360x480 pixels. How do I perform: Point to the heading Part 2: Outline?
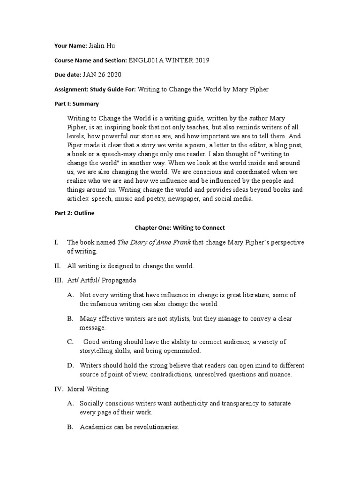tap(75, 213)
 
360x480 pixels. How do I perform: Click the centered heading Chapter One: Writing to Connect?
tap(180, 228)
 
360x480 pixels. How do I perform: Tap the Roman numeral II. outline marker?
tap(57, 266)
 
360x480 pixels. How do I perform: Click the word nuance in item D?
tap(281, 374)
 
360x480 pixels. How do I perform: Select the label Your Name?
tap(70, 45)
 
